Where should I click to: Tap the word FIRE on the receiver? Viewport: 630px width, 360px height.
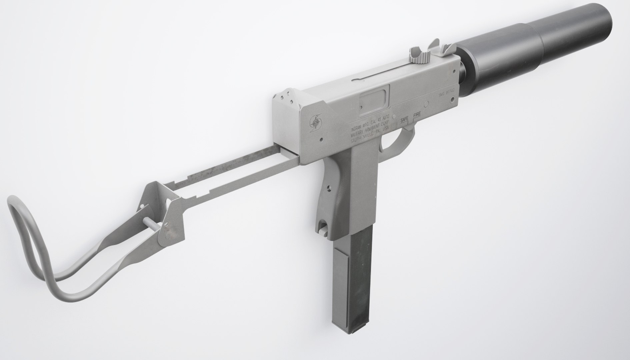point(417,115)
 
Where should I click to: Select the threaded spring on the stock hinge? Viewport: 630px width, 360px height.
point(153,222)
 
